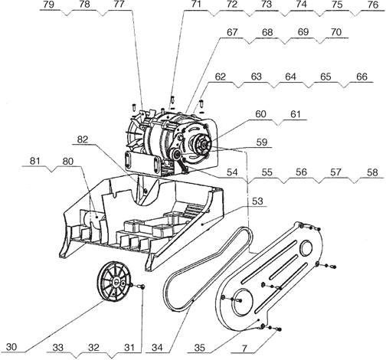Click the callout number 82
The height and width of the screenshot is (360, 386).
click(x=83, y=140)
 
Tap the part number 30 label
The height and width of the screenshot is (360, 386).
click(x=11, y=347)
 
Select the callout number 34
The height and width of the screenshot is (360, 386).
click(x=157, y=348)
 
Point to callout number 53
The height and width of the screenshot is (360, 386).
click(x=257, y=201)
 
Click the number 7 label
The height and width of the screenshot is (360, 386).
click(x=244, y=348)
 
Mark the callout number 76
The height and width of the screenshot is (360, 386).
click(x=373, y=5)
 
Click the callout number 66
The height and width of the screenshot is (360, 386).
click(x=361, y=77)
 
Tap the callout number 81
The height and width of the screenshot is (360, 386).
click(x=35, y=161)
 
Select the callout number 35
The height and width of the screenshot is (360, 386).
click(x=200, y=348)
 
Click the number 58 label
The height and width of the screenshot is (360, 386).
click(x=371, y=172)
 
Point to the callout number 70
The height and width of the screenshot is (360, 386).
click(x=335, y=32)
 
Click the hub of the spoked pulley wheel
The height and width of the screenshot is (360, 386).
click(x=116, y=282)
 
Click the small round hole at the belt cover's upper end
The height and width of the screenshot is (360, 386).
click(x=306, y=248)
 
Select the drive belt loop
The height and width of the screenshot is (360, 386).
click(x=206, y=269)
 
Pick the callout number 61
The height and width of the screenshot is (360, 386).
click(x=296, y=114)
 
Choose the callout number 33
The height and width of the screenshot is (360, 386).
click(x=58, y=348)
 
